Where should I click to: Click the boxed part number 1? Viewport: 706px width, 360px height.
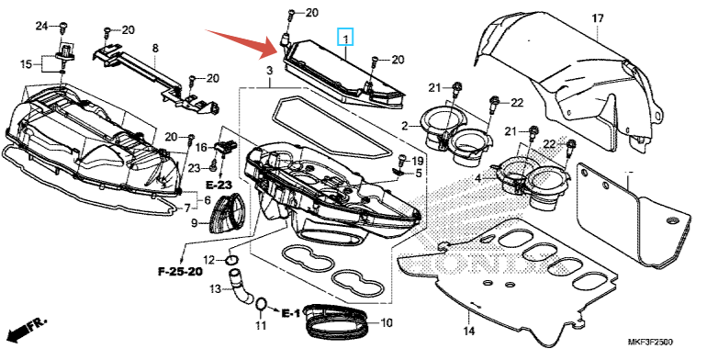[345, 37]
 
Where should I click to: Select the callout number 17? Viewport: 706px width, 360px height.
[598, 18]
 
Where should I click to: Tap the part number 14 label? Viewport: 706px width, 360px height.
[469, 332]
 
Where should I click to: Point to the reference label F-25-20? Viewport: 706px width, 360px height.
[180, 272]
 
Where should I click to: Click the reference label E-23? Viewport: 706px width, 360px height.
[219, 185]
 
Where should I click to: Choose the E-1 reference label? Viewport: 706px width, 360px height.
[290, 312]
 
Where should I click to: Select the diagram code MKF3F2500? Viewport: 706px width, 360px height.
[650, 343]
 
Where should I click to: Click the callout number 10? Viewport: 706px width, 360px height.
[387, 322]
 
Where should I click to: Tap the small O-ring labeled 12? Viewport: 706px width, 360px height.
[232, 260]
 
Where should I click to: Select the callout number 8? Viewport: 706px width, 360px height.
[155, 48]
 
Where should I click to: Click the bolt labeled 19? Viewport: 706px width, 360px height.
[403, 160]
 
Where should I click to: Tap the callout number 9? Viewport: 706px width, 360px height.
[194, 222]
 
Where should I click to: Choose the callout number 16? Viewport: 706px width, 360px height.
[201, 147]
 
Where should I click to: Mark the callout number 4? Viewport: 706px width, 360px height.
[477, 179]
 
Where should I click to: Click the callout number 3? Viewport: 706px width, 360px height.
[269, 71]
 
